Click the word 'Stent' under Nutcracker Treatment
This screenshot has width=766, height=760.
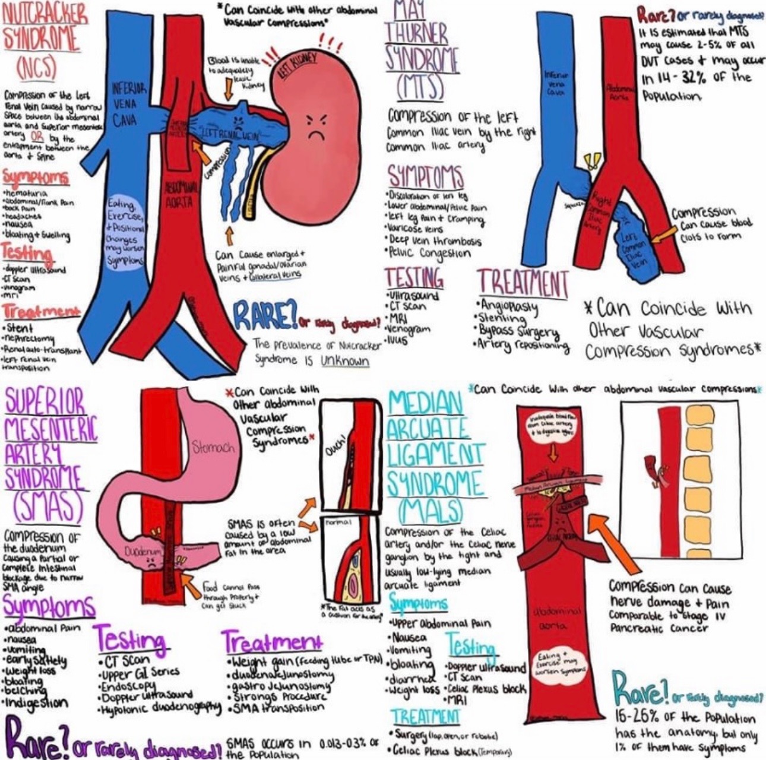pos(20,328)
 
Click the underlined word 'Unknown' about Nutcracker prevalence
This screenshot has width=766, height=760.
pos(345,360)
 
